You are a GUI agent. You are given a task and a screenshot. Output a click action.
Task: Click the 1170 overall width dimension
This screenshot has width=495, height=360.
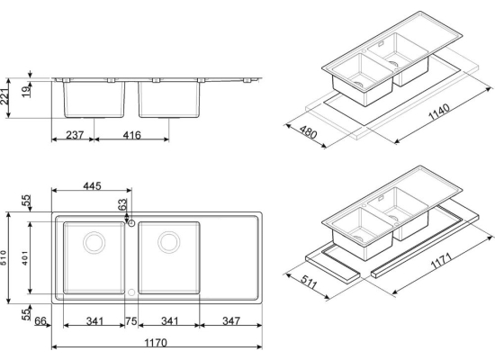pos(156,343)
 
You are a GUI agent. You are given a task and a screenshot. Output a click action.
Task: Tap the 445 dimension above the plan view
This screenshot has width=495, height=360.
pos(92,186)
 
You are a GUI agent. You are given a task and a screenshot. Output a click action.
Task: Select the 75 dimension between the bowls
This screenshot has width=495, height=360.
pos(131,321)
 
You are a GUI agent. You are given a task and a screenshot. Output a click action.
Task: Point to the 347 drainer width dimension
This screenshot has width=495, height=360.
pos(231,321)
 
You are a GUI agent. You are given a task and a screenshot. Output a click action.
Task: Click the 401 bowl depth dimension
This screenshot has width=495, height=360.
pos(25,258)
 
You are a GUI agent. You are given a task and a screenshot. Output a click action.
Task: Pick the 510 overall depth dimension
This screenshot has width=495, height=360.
pos(4,258)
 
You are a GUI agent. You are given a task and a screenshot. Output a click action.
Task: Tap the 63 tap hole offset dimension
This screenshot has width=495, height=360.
pos(122,204)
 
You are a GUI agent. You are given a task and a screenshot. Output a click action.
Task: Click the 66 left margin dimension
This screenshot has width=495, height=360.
pos(40,321)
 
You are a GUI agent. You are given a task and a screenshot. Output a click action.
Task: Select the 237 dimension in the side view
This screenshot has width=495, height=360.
pos(75,135)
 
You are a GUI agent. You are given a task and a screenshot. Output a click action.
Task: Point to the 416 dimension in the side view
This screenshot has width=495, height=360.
pos(131,135)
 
